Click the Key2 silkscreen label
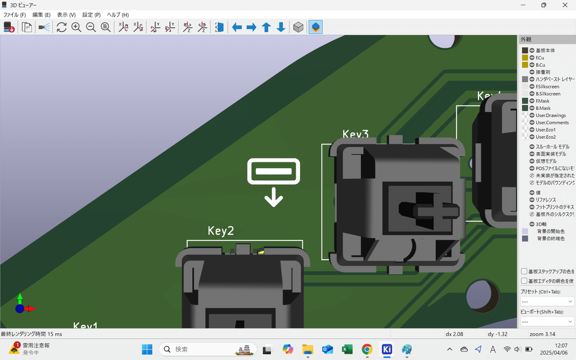click(221, 231)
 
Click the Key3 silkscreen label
click(356, 135)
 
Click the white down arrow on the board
click(274, 197)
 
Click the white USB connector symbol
click(274, 171)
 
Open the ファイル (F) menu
click(14, 15)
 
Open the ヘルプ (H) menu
click(118, 15)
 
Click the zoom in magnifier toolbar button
click(76, 27)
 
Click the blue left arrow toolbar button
click(237, 27)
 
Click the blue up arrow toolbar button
click(266, 27)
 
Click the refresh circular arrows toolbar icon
click(61, 27)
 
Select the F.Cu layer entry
click(540, 58)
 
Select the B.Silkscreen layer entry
click(548, 94)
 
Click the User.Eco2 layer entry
click(546, 137)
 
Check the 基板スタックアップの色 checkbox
click(524, 271)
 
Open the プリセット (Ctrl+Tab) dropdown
click(547, 301)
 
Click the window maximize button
click(543, 5)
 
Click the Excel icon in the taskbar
click(347, 349)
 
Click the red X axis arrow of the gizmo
click(30, 309)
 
